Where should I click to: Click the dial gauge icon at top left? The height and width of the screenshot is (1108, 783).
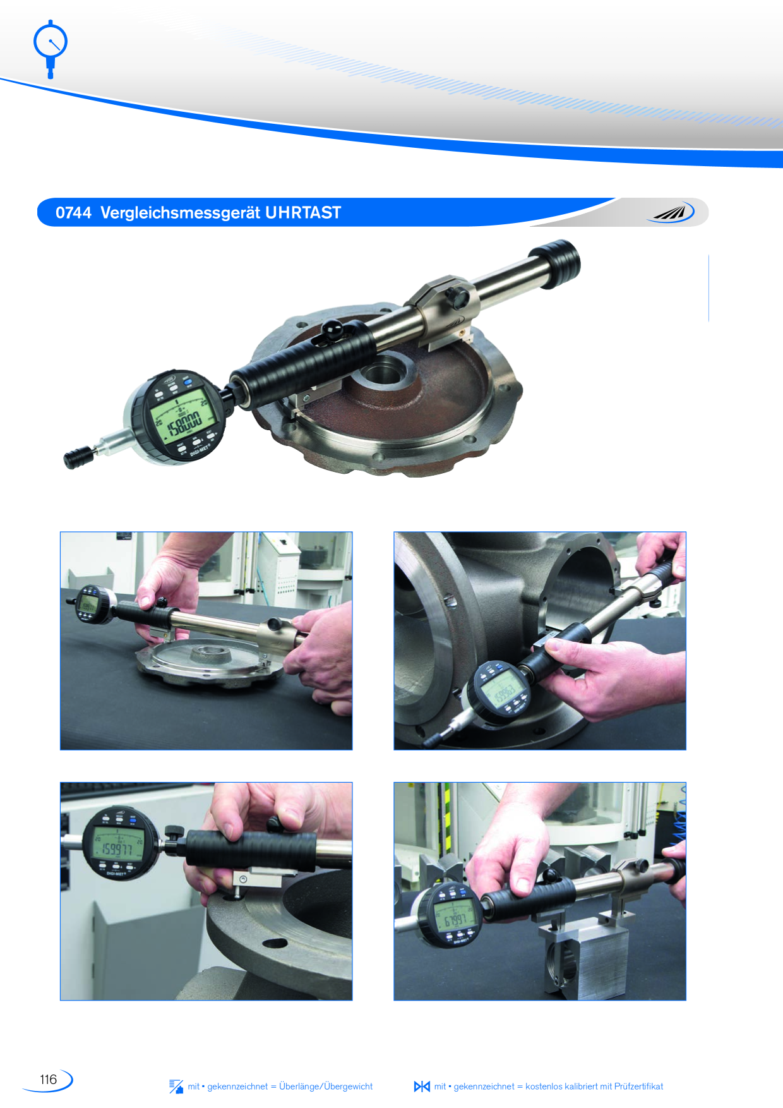(50, 47)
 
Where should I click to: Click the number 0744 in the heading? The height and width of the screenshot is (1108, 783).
(73, 213)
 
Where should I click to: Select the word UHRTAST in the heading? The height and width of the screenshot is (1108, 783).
(302, 213)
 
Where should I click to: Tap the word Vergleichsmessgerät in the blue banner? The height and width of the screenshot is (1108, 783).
(180, 213)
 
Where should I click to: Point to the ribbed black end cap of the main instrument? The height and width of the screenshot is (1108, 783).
(558, 263)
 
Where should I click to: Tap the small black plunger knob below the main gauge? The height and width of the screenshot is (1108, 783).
(78, 457)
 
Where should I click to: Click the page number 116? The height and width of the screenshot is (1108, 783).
(48, 1080)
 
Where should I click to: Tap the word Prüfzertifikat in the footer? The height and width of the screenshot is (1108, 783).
(638, 1087)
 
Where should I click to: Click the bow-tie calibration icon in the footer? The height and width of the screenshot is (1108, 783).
(422, 1087)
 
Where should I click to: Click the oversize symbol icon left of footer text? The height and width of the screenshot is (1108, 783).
(176, 1087)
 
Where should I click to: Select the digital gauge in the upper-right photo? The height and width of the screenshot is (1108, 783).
(502, 692)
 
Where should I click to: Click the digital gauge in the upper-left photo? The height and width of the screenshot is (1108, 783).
(88, 606)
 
